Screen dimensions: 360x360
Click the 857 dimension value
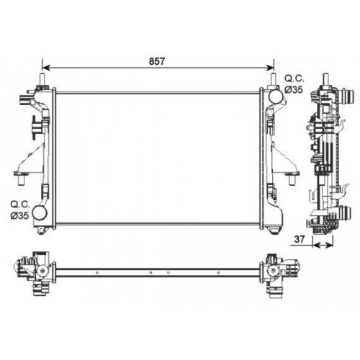158,62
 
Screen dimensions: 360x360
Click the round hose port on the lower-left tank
40,214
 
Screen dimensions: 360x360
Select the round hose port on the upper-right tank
275,94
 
